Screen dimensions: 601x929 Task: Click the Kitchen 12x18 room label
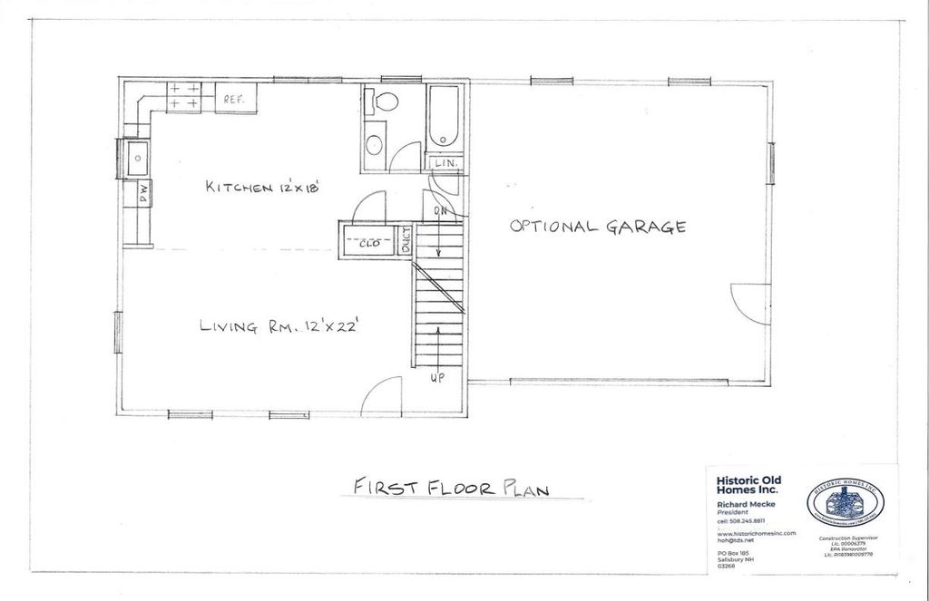pyautogui.click(x=264, y=188)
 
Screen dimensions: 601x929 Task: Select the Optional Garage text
pyautogui.click(x=597, y=227)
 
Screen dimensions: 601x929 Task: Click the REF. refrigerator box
pyautogui.click(x=235, y=99)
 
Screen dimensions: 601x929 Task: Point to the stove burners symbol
pyautogui.click(x=184, y=97)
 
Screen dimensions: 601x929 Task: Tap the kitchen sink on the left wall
pyautogui.click(x=138, y=160)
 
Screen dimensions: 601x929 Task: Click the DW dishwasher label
pyautogui.click(x=143, y=192)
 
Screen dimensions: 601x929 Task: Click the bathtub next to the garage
pyautogui.click(x=445, y=117)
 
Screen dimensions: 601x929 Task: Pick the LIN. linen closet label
pyautogui.click(x=445, y=163)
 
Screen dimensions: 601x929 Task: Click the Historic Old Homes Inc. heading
pyautogui.click(x=748, y=486)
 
